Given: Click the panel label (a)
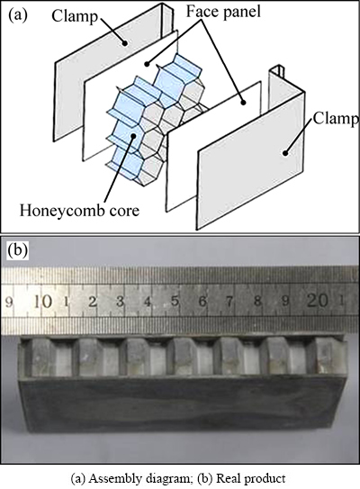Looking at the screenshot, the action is click(x=18, y=15).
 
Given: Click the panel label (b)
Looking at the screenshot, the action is click(x=18, y=250).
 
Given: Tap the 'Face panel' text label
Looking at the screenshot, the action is click(x=223, y=12).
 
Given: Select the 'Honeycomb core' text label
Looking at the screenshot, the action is click(x=79, y=211).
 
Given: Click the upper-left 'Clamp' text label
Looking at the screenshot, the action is click(x=75, y=16).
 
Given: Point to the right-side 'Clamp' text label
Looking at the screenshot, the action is click(x=336, y=119).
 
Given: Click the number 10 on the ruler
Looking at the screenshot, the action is click(x=42, y=302).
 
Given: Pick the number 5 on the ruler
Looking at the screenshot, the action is click(x=175, y=301).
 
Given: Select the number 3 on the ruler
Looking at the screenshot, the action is click(x=120, y=302).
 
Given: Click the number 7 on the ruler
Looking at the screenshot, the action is click(x=229, y=301).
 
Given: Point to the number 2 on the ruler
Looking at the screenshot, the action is click(x=93, y=302).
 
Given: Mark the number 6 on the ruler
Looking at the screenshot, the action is click(x=202, y=301).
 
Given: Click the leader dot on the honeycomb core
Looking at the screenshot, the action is click(x=133, y=136).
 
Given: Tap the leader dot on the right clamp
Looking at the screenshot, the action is click(x=284, y=152).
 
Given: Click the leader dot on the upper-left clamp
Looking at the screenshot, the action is click(x=125, y=43).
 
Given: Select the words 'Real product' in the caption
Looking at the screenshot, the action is click(x=250, y=478).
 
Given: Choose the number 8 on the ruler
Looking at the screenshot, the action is click(x=257, y=301).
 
